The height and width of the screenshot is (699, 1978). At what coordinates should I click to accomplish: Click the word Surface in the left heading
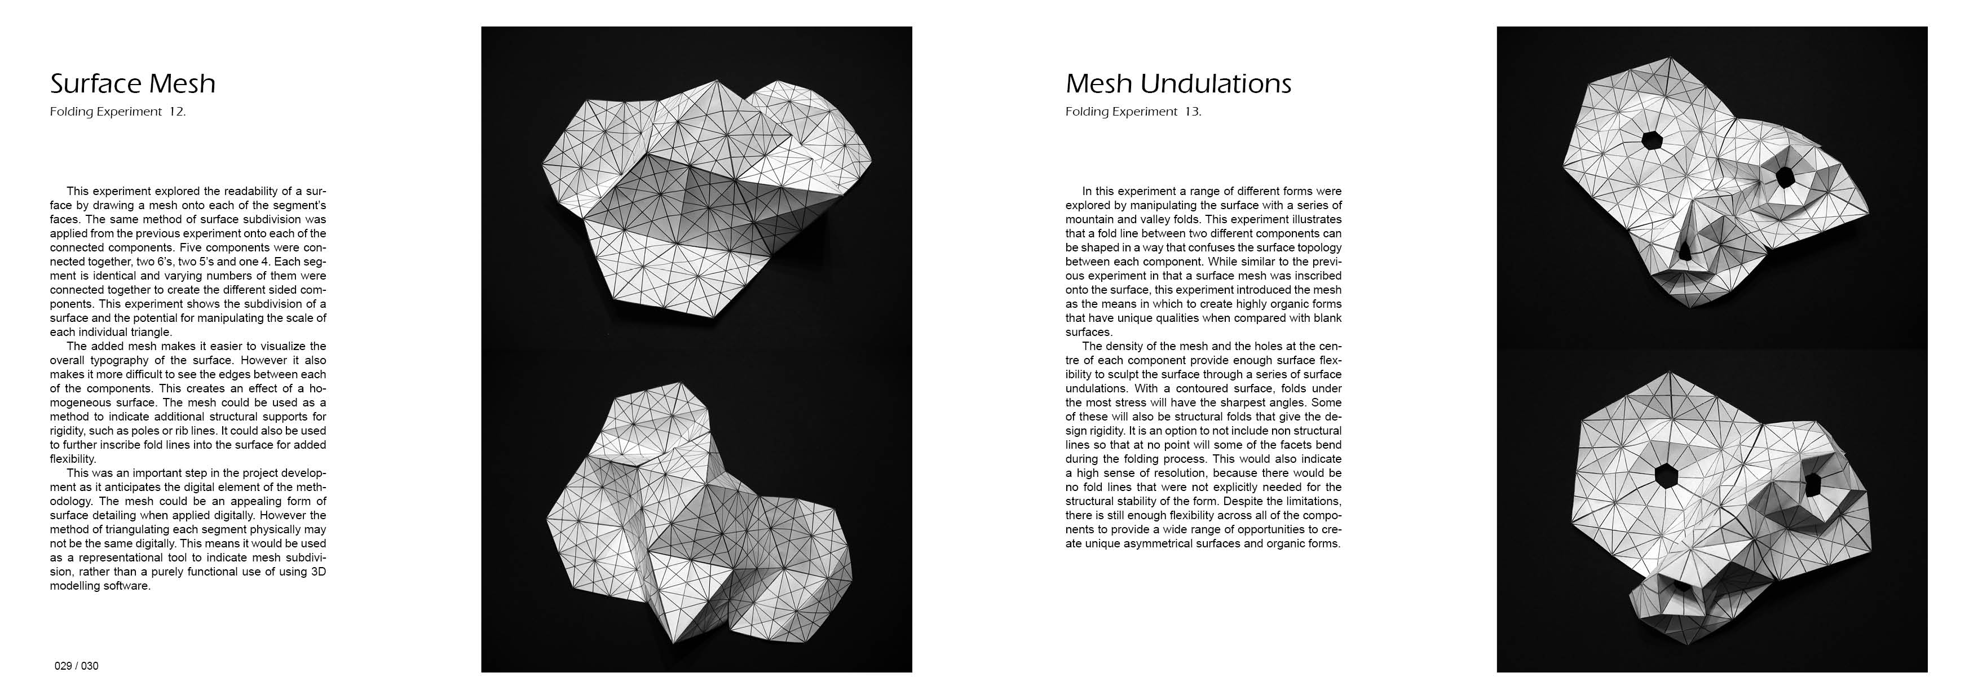[x=91, y=83]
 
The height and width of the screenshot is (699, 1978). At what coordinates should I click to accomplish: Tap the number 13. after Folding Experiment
[x=1193, y=112]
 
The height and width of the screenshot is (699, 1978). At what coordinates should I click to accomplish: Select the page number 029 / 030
[x=77, y=666]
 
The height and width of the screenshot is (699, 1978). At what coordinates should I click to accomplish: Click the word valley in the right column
[x=1153, y=219]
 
